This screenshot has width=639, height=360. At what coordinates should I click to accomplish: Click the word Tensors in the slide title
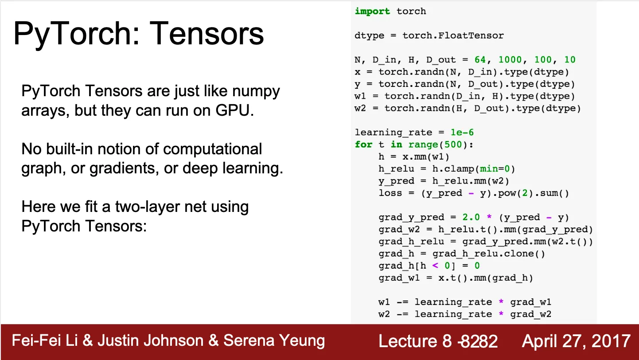pyautogui.click(x=207, y=33)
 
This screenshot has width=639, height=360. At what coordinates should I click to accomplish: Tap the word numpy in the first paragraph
pyautogui.click(x=256, y=92)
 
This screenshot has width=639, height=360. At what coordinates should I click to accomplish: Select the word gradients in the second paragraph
pyautogui.click(x=124, y=168)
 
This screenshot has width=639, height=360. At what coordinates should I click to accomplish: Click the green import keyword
pyautogui.click(x=372, y=12)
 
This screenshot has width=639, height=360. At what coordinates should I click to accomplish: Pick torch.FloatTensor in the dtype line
pyautogui.click(x=453, y=35)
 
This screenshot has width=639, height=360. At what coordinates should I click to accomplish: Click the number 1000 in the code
pyautogui.click(x=510, y=59)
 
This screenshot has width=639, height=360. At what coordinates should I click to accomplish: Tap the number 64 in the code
pyautogui.click(x=480, y=59)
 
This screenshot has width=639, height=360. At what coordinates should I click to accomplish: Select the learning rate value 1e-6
pyautogui.click(x=462, y=132)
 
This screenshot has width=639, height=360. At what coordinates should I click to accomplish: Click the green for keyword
pyautogui.click(x=363, y=145)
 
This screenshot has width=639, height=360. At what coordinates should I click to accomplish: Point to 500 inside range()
pyautogui.click(x=453, y=145)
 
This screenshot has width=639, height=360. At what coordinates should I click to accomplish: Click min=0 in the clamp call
pyautogui.click(x=495, y=169)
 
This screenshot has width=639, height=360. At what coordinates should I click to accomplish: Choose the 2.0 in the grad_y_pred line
pyautogui.click(x=471, y=217)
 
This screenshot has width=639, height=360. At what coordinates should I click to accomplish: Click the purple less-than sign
pyautogui.click(x=435, y=266)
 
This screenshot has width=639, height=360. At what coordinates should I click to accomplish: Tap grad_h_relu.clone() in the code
pyautogui.click(x=489, y=254)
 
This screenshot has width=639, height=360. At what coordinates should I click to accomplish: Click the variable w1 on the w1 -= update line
pyautogui.click(x=384, y=302)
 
